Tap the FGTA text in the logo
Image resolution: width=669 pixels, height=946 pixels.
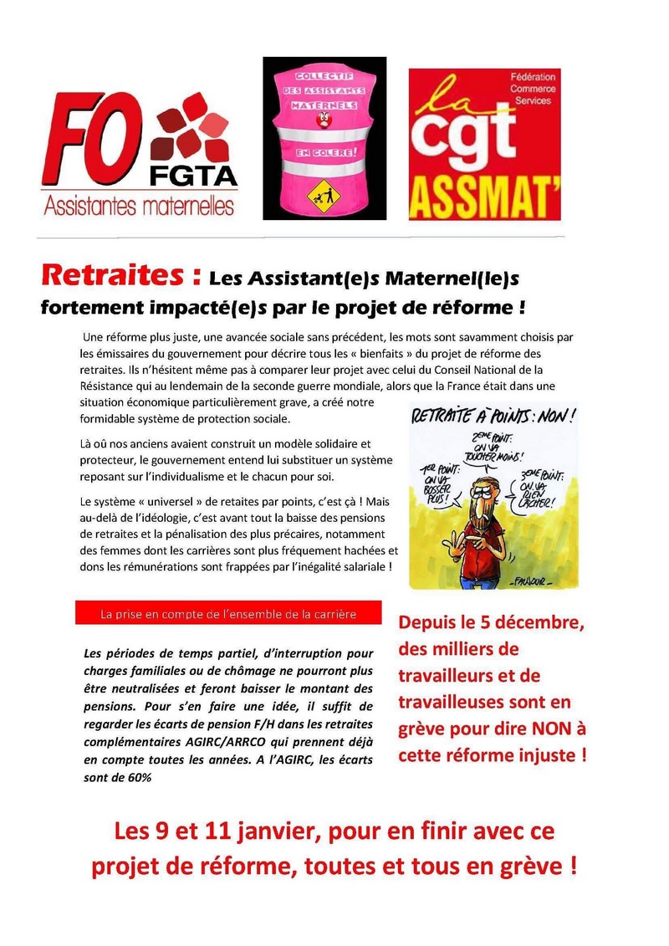tap(193, 175)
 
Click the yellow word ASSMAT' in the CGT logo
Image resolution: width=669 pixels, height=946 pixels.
tap(484, 198)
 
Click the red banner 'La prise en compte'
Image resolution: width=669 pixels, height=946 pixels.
tap(227, 614)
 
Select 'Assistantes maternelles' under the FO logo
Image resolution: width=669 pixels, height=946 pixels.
tap(139, 204)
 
